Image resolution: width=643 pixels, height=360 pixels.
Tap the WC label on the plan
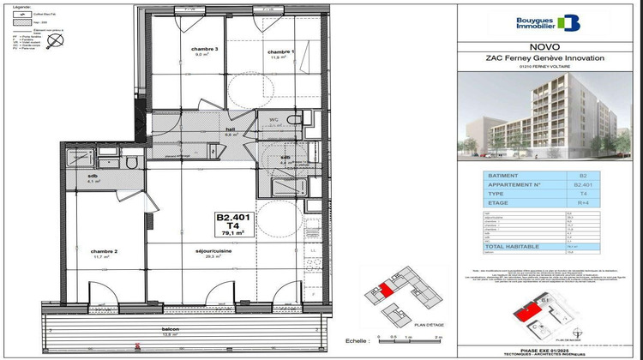coord(275,117)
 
